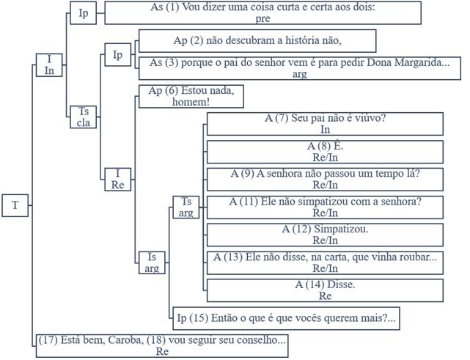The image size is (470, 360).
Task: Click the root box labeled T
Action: pos(15,205)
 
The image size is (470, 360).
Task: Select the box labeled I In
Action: pos(49,65)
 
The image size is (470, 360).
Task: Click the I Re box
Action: pos(117,179)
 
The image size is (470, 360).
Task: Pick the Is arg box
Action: pos(152,262)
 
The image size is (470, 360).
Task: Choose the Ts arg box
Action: pos(186,207)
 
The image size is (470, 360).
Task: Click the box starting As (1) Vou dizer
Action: pos(262,12)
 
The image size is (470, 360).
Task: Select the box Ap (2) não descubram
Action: pos(257,40)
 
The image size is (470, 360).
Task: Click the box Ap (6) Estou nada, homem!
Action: pos(190,96)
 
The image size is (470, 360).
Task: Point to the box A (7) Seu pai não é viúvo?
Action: pos(325,122)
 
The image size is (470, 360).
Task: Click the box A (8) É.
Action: pos(325,151)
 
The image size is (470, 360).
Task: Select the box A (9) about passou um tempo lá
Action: pos(325,179)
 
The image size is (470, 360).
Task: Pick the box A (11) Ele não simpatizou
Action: pos(325,207)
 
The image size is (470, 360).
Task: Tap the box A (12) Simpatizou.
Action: pos(325,235)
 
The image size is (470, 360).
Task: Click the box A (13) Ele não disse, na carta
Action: pos(325,262)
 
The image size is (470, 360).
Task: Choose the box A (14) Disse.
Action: pos(325,290)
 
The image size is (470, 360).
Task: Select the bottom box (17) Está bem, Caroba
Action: pos(161,345)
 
